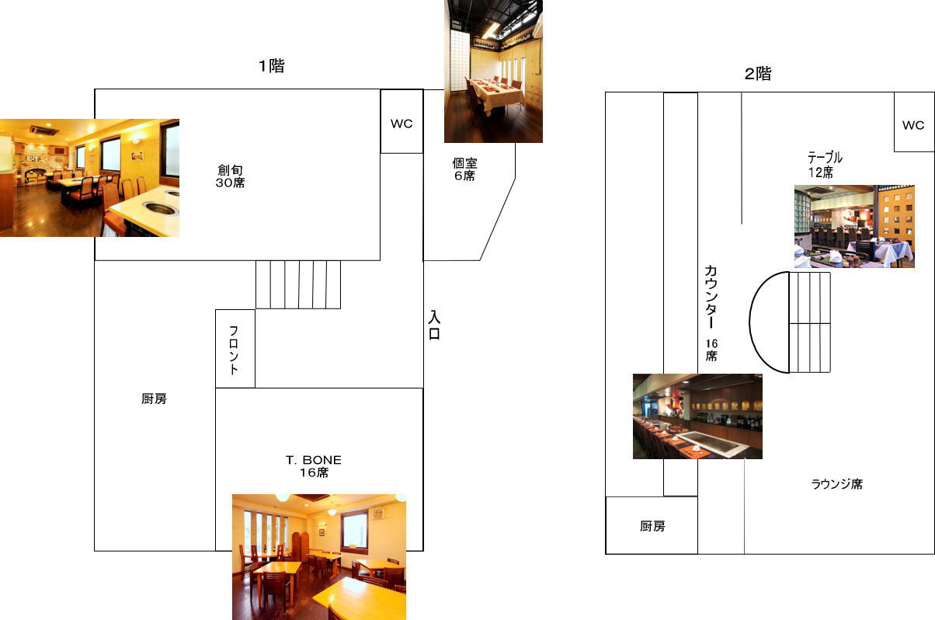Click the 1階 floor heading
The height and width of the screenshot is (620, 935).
[271, 65]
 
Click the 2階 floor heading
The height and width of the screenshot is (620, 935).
[758, 74]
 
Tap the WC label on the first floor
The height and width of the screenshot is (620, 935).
[401, 124]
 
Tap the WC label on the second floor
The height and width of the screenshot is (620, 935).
[913, 125]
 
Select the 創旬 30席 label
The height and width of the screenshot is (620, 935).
[230, 176]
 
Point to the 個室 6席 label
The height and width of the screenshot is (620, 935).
[464, 169]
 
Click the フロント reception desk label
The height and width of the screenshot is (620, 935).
[234, 350]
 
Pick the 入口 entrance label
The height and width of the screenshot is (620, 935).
[434, 325]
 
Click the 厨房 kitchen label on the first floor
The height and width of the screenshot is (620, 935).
[154, 399]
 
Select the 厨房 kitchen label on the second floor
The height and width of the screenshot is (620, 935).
[652, 526]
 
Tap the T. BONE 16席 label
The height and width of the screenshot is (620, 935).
[314, 466]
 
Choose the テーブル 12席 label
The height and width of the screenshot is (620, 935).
[825, 165]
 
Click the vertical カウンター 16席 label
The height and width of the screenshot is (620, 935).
[711, 313]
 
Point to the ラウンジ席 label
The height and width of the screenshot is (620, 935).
[837, 484]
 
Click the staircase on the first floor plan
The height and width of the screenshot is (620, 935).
[298, 284]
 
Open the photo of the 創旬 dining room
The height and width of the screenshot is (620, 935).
[90, 178]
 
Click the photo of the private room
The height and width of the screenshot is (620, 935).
[493, 71]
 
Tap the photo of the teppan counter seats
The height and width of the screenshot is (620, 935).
[697, 416]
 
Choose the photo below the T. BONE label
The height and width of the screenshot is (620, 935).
[319, 557]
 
